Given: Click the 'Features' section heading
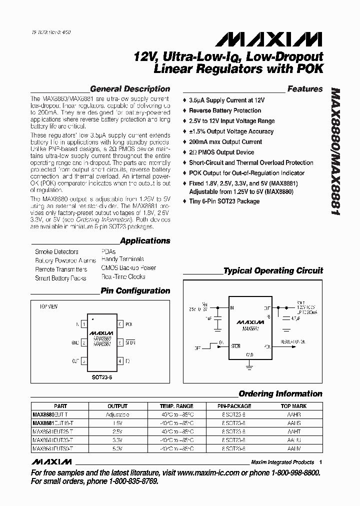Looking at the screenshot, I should [x=304, y=89].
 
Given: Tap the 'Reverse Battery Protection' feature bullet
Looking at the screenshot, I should [x=225, y=110].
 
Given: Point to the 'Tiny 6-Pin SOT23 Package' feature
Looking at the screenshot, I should [x=224, y=201].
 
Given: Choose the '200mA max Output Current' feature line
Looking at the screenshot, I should [x=225, y=142].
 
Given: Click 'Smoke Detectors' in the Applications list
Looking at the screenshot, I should [x=56, y=252].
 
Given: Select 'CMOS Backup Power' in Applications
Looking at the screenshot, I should [x=128, y=268].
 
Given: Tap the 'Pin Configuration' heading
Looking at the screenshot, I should [x=135, y=290].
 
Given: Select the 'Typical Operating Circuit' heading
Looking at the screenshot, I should [x=273, y=270].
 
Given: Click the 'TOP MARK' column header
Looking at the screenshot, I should [x=293, y=406].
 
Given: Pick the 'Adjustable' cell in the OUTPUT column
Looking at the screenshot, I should [x=117, y=415].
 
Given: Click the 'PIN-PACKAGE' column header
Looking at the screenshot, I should [x=234, y=406].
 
